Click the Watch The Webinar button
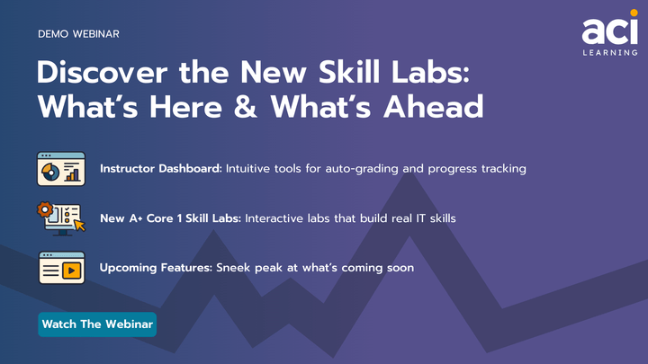[x=97, y=324]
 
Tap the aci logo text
[x=608, y=31]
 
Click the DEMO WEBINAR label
[x=79, y=34]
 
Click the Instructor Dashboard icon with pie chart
[x=61, y=168]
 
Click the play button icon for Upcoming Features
[x=70, y=269]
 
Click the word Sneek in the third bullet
[x=236, y=268]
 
